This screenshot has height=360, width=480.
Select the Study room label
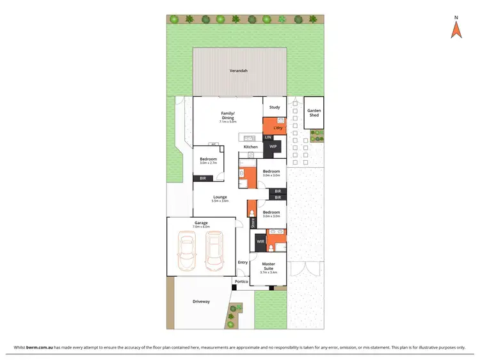pos(275,108)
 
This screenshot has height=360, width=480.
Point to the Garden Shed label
pos(314,112)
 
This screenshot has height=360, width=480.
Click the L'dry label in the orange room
pos(269,128)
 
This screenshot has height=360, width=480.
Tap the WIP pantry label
pos(273,147)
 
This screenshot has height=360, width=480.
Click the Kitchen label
pos(250,147)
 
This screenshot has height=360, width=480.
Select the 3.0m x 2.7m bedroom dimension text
pos(208,163)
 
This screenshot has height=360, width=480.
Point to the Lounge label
pos(221,197)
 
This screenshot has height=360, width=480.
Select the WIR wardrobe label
pos(260,241)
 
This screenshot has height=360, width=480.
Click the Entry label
pos(243,262)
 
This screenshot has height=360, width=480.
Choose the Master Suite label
pos(268,266)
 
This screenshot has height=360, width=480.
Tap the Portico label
pos(241,282)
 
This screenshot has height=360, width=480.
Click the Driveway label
pos(201,301)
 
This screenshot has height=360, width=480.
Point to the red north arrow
pos(456,29)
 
